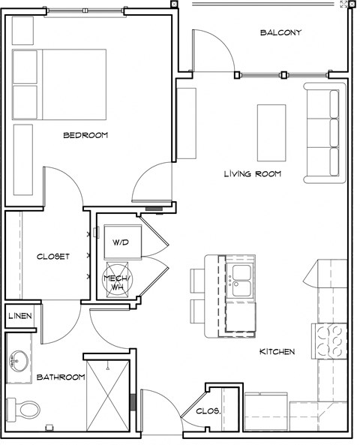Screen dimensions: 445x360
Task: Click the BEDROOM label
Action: point(85,136)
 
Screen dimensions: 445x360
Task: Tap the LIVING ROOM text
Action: point(252,174)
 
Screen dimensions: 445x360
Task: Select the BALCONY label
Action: point(280,32)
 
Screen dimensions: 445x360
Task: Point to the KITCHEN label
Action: point(277,351)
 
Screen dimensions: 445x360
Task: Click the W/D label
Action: point(120,243)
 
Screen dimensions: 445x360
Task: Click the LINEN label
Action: point(20,316)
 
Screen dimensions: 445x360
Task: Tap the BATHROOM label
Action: point(60,377)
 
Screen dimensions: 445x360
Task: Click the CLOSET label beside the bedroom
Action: point(53,257)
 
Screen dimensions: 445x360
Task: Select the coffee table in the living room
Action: point(271,132)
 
